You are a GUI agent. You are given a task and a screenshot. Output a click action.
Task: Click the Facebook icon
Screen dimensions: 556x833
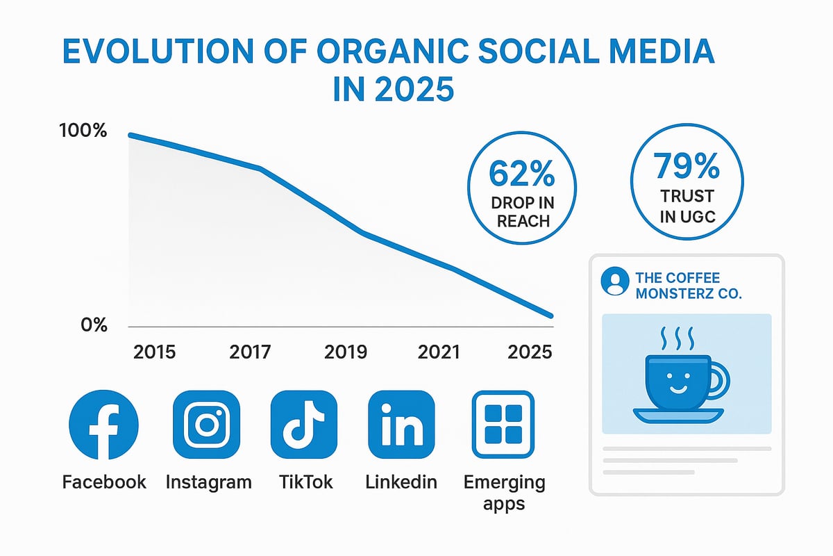click(x=104, y=424)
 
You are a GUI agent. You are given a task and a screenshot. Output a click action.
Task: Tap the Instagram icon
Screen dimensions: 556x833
click(x=206, y=424)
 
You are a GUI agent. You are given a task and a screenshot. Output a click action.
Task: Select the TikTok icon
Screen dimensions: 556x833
click(x=303, y=424)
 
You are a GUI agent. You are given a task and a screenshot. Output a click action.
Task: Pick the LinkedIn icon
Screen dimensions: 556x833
click(x=401, y=424)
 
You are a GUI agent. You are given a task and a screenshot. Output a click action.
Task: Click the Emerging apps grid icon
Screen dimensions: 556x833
click(x=503, y=424)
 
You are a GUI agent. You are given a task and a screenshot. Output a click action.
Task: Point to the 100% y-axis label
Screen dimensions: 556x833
click(x=84, y=130)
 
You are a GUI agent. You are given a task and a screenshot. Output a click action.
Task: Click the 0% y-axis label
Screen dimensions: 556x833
click(x=94, y=325)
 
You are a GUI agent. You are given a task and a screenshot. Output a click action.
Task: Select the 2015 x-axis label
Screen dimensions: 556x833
click(x=154, y=352)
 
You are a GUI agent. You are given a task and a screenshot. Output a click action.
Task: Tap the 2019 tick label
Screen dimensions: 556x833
click(x=346, y=352)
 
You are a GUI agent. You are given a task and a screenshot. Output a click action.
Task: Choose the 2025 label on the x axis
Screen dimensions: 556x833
click(x=531, y=352)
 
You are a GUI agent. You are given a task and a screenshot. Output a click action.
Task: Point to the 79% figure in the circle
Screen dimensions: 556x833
click(x=686, y=167)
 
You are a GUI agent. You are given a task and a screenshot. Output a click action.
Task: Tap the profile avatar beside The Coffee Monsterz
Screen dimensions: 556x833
click(x=614, y=281)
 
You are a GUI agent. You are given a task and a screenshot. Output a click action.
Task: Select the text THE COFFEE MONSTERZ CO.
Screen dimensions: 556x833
click(x=687, y=286)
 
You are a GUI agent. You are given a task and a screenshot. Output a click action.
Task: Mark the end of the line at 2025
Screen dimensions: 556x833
click(x=550, y=316)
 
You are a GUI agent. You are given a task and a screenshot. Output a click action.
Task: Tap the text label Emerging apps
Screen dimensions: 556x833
click(x=504, y=492)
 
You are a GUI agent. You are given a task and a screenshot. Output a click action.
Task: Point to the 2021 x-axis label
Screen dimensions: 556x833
click(x=439, y=352)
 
